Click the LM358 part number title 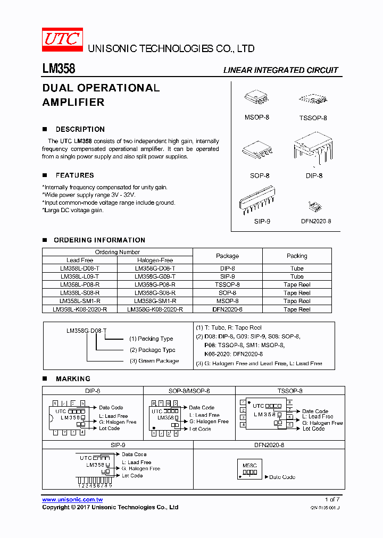click(59, 69)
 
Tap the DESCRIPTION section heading click(80, 129)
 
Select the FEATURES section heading click(74, 175)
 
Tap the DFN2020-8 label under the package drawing click(316, 221)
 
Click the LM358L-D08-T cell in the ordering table click(80, 268)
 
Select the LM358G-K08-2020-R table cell click(155, 309)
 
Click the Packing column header click(297, 256)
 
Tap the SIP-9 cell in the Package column click(227, 276)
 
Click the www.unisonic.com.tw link click(72, 500)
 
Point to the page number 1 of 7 click(331, 500)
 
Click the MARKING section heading click(73, 379)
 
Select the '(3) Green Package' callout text click(154, 361)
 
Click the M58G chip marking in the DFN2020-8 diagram click(249, 466)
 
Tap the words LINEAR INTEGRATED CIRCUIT click(280, 70)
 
